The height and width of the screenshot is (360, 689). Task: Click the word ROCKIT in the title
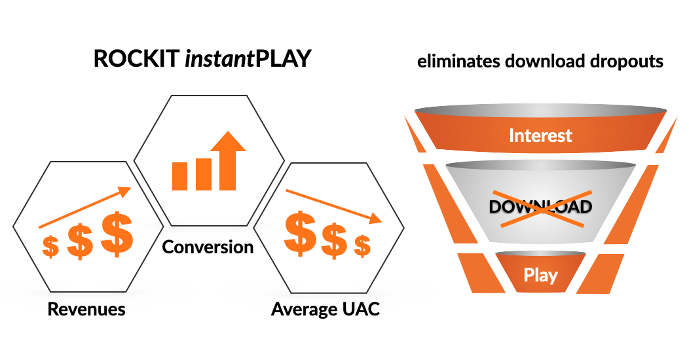click(137, 59)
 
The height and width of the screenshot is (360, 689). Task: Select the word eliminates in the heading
click(458, 61)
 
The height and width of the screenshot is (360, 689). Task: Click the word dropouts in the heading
click(627, 62)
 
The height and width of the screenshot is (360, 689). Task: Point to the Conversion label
click(208, 247)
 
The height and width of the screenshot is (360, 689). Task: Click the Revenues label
click(86, 309)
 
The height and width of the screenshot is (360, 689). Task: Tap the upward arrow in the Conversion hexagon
click(228, 160)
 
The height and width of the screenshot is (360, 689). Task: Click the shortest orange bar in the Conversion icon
click(179, 176)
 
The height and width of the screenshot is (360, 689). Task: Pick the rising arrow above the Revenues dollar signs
click(84, 207)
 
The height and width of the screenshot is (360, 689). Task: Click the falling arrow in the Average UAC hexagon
click(334, 206)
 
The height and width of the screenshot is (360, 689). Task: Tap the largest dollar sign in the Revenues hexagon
click(117, 234)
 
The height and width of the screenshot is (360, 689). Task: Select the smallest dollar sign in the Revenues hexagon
click(50, 247)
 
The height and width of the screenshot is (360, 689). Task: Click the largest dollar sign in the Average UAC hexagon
click(301, 233)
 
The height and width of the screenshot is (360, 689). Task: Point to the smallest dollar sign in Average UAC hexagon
click(363, 246)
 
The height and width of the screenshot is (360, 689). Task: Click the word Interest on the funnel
click(540, 135)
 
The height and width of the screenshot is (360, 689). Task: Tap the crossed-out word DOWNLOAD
click(540, 207)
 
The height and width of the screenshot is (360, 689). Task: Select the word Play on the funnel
click(540, 276)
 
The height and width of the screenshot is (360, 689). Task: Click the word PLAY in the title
click(283, 59)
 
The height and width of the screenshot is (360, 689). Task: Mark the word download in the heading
click(545, 61)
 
